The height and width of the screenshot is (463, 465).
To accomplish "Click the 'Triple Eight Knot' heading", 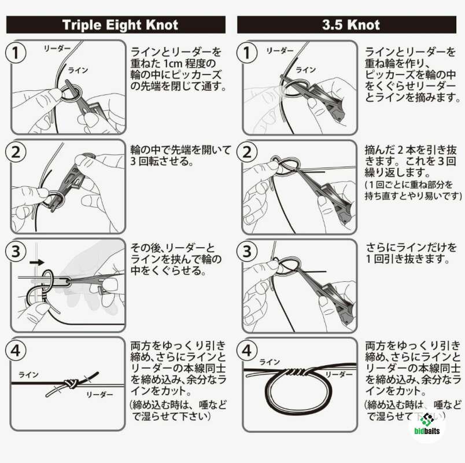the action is point(120,25).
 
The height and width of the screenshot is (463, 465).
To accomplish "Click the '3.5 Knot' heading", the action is point(351,25).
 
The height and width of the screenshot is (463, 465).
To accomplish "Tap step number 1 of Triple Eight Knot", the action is point(16,53).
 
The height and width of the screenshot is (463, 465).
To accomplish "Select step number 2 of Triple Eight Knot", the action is point(16,152).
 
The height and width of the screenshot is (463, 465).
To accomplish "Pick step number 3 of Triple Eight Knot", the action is point(16,251).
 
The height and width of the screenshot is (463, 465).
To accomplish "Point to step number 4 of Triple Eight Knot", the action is point(16,350).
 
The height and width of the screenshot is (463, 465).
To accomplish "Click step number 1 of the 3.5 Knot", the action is point(247,53).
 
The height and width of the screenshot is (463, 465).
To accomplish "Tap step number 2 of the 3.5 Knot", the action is point(247,152).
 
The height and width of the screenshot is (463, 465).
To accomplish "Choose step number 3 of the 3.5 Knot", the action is point(247,251).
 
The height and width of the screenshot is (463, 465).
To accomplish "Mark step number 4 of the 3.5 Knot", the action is point(247,350).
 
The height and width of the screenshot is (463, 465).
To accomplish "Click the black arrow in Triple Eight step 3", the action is point(37,262).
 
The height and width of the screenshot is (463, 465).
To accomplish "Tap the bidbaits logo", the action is point(427,424).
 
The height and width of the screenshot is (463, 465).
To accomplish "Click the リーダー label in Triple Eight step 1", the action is point(57,49).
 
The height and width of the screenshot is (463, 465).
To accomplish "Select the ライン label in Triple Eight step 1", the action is point(78,71).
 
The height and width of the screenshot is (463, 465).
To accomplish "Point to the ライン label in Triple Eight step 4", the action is point(28,375).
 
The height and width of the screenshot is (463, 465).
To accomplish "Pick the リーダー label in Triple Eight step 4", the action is point(99,395).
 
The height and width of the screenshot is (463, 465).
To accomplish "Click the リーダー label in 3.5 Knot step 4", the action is point(339,374).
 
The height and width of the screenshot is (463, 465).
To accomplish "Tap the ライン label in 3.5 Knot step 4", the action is point(270,362).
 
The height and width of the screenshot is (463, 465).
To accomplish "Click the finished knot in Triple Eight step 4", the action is point(71,384).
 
